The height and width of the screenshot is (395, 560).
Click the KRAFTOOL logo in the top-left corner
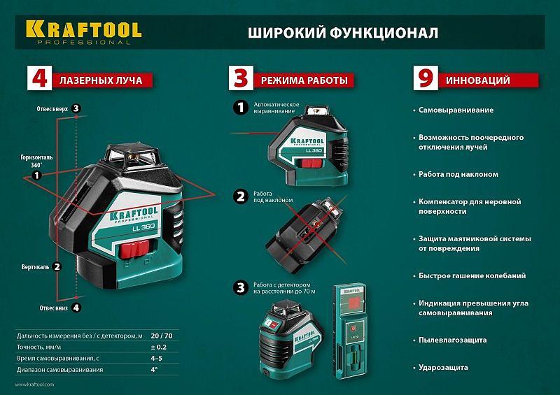(x=83, y=30)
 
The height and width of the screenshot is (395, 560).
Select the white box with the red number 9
(x=423, y=79)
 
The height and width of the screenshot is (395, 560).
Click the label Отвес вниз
(x=51, y=307)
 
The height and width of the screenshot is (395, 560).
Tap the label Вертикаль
(x=35, y=266)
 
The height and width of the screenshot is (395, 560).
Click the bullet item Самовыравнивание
(x=456, y=110)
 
